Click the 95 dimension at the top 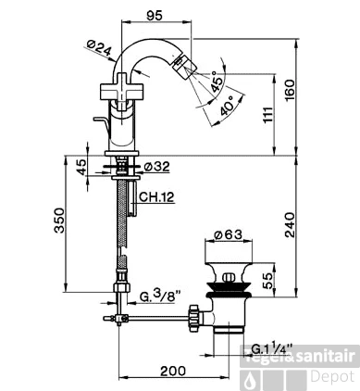[156, 16]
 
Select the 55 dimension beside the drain [268, 277]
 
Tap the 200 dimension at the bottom [172, 372]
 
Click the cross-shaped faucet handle [119, 91]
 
